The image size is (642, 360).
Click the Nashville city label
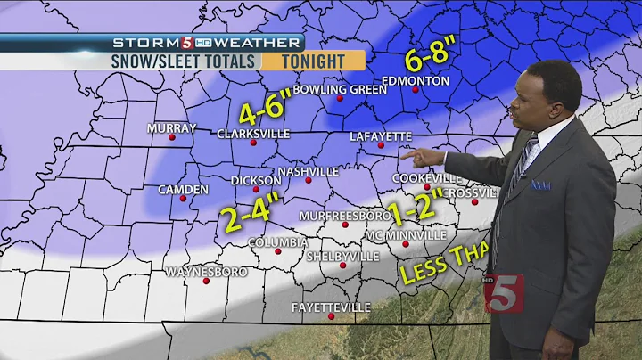point(308,170)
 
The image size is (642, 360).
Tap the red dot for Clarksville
point(253,143)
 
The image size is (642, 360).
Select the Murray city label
point(171,128)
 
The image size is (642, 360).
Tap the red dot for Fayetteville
point(331,317)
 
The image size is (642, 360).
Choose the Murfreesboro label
point(346,217)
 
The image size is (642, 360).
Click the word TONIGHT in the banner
point(313,61)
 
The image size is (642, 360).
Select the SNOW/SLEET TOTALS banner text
point(185,61)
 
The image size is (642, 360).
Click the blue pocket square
point(540,184)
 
